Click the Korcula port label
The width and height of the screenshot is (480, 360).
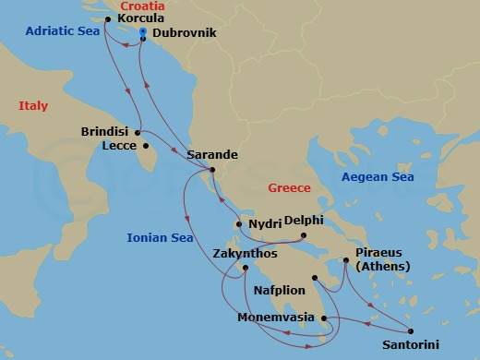(141, 18)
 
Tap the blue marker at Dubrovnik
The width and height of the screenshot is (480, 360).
(143, 32)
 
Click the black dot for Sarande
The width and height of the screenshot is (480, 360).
(212, 169)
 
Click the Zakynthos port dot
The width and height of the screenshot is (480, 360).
(245, 268)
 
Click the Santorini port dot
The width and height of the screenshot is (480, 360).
(410, 331)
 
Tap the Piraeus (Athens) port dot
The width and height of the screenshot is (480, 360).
(346, 260)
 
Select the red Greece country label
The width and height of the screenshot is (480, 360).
(289, 187)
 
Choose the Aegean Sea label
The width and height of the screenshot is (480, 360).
(378, 176)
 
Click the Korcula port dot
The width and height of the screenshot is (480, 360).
(108, 18)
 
